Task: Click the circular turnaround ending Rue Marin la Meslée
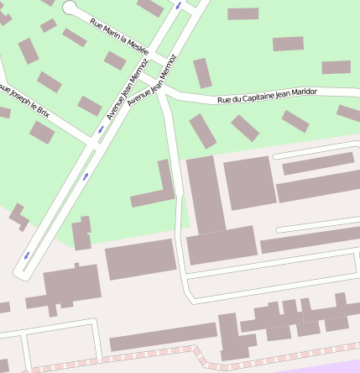point(70,9)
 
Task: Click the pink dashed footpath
point(168,355)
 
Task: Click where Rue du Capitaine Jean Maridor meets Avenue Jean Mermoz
point(162,90)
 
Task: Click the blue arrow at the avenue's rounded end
point(27,255)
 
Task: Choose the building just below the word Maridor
point(295,120)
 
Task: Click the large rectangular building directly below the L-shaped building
point(140,259)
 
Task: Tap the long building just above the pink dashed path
point(163,336)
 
